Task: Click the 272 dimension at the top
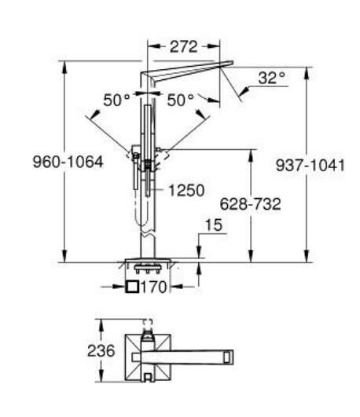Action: point(183,46)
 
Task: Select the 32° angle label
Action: point(272,79)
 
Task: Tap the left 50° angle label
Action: point(116,101)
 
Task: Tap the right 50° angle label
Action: point(181,101)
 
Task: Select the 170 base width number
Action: point(156,287)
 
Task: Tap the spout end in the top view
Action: point(229,357)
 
